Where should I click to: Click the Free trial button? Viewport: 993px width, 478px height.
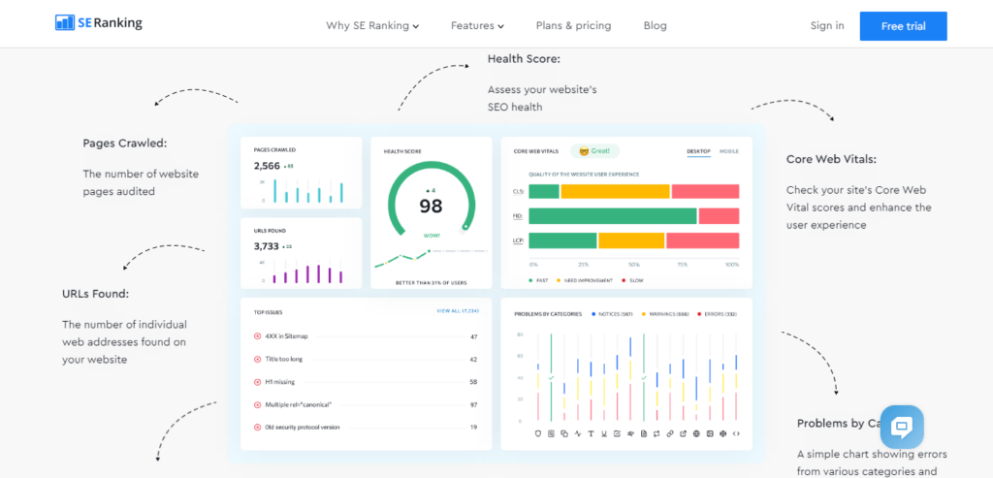tap(903, 26)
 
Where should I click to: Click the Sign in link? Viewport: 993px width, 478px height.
tap(827, 26)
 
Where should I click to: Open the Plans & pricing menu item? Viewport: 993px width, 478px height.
tap(573, 26)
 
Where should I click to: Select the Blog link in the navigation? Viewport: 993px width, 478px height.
tap(656, 26)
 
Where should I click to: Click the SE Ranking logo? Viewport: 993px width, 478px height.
tap(99, 22)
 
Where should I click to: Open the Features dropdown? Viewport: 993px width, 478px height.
tap(477, 26)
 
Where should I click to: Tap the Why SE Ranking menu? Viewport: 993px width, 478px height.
tap(372, 26)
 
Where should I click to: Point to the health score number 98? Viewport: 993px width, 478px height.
tap(431, 206)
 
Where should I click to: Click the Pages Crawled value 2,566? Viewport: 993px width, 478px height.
tap(267, 166)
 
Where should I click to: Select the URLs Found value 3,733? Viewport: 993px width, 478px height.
tap(267, 246)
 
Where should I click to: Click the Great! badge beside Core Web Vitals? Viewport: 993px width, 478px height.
tap(594, 151)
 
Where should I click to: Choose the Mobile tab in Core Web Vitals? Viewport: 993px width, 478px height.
tap(728, 151)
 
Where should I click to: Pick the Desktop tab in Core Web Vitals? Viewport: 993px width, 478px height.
tap(698, 151)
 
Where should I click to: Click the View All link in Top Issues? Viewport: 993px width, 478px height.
tap(458, 311)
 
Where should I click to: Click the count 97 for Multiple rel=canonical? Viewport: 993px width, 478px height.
tap(473, 404)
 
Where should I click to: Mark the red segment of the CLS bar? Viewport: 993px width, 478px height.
tap(705, 191)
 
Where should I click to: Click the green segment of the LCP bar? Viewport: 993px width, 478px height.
tap(562, 240)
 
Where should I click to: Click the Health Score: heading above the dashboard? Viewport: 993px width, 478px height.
tap(524, 59)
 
